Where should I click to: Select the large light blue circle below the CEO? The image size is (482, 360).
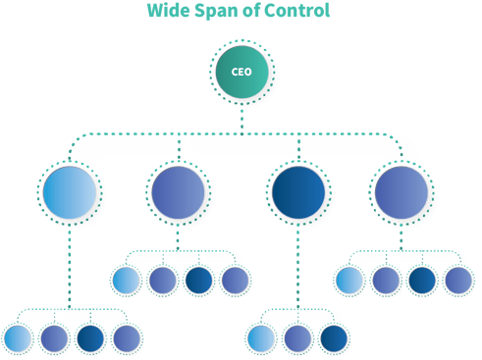click(x=70, y=191)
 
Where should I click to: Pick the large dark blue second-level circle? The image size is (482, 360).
click(x=298, y=191)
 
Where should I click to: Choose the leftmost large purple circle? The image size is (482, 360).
click(x=178, y=191)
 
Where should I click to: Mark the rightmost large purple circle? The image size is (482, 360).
click(x=401, y=191)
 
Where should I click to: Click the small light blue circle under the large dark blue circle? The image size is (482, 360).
click(x=261, y=338)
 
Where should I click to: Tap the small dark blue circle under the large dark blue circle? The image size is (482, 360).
click(x=334, y=338)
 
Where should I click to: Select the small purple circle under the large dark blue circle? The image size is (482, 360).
click(x=297, y=338)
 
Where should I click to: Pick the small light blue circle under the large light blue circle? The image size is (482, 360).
click(x=18, y=338)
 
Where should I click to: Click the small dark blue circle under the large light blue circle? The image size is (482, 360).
click(x=90, y=338)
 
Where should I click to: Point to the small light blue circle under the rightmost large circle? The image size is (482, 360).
click(x=349, y=281)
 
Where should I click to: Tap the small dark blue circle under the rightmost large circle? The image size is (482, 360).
click(x=422, y=281)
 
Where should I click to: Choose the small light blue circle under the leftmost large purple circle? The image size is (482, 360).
click(x=126, y=281)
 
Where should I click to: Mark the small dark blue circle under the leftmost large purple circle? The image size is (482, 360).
click(x=198, y=281)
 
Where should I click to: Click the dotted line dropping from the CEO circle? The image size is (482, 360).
click(x=241, y=118)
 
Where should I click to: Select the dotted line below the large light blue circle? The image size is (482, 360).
click(x=70, y=265)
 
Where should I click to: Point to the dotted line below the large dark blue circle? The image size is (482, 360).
click(x=298, y=265)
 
